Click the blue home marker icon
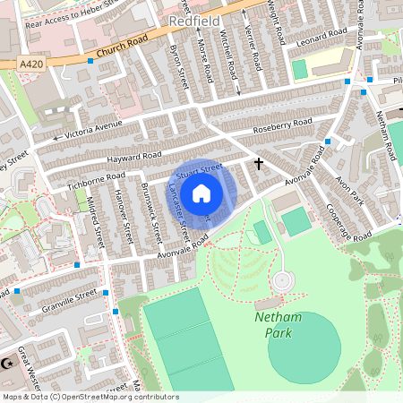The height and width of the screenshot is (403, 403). click(x=201, y=192)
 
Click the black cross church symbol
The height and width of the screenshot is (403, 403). click(x=260, y=163)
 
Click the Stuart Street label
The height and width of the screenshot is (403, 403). click(x=198, y=167)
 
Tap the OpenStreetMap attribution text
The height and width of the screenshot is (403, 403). click(x=90, y=397)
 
